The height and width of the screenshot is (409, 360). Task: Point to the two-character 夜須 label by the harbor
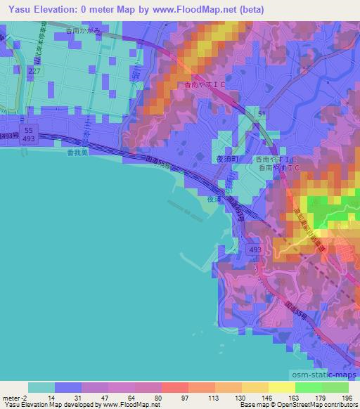tap(214, 200)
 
